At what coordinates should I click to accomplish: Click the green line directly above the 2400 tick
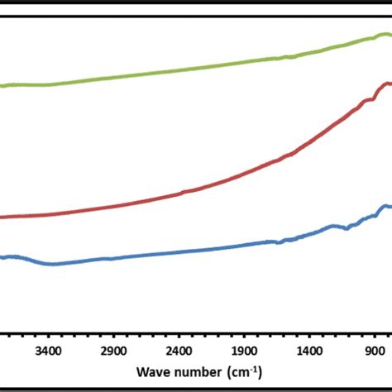(x=179, y=69)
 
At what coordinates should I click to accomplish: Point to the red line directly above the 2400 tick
(x=179, y=194)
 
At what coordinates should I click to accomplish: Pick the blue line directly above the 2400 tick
(x=179, y=252)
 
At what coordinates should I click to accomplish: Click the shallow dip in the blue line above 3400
(x=52, y=265)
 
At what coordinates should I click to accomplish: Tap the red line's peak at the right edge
(x=385, y=84)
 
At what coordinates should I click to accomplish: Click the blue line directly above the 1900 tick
(x=245, y=244)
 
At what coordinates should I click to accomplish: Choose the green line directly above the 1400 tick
(x=310, y=53)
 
